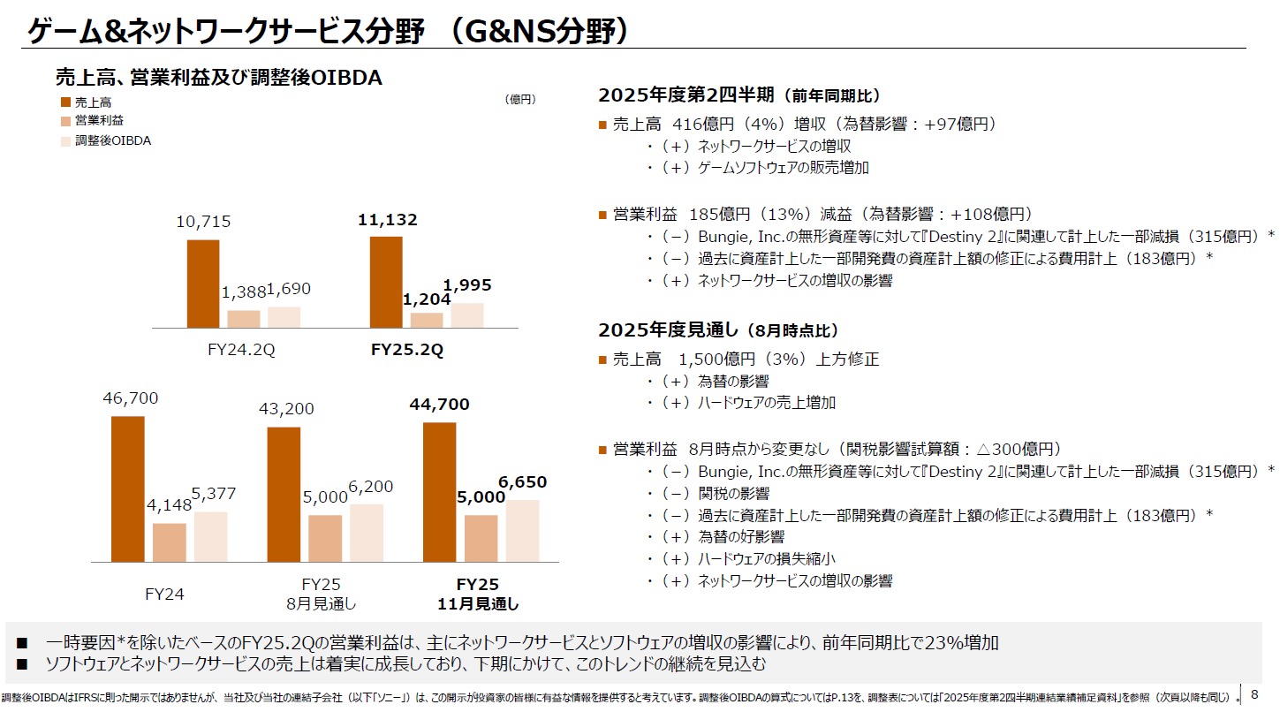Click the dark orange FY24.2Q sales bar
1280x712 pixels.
(203, 284)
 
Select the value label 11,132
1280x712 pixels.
(388, 220)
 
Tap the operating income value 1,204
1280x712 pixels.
(427, 299)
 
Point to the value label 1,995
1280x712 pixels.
(467, 285)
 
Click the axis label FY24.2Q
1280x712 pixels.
(241, 350)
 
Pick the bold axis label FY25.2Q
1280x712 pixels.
(407, 350)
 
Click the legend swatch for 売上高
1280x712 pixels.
(65, 102)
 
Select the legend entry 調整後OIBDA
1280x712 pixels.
(113, 140)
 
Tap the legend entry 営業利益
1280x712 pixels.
(99, 121)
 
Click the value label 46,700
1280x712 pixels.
(131, 398)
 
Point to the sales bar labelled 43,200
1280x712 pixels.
(283, 494)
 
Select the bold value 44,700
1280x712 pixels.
(440, 405)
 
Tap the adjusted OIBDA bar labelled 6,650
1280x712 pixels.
(522, 530)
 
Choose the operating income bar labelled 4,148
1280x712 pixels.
(170, 542)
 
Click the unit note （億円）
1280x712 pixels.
(519, 100)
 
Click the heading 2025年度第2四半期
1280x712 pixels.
(687, 95)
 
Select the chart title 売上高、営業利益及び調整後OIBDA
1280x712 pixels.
(218, 78)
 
